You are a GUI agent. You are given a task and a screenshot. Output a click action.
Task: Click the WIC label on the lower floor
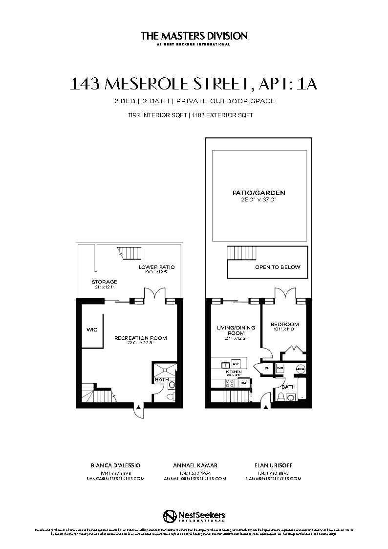[92, 329]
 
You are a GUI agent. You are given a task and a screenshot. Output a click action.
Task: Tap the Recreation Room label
[141, 338]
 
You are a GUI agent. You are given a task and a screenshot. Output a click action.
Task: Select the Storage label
[104, 282]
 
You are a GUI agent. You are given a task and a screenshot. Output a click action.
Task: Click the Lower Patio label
[156, 267]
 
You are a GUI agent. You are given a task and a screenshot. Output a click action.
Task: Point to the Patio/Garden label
[259, 193]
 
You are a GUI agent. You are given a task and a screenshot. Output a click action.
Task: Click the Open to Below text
[278, 267]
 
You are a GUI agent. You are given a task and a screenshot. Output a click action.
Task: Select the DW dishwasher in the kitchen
[236, 364]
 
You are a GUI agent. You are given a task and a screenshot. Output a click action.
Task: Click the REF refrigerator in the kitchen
[243, 382]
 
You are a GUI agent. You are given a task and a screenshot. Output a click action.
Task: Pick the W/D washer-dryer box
[280, 368]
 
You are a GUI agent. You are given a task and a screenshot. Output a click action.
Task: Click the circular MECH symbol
[300, 368]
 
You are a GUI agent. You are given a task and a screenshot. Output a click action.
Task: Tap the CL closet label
[267, 368]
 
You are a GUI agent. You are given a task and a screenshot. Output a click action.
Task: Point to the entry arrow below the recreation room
[139, 407]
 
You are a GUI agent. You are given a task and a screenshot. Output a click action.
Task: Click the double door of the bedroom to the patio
[284, 296]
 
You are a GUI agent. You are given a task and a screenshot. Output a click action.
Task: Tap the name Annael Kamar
[195, 465]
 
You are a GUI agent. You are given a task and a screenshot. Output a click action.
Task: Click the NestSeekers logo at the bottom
[194, 516]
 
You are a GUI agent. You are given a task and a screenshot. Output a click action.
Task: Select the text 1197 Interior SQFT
[154, 116]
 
